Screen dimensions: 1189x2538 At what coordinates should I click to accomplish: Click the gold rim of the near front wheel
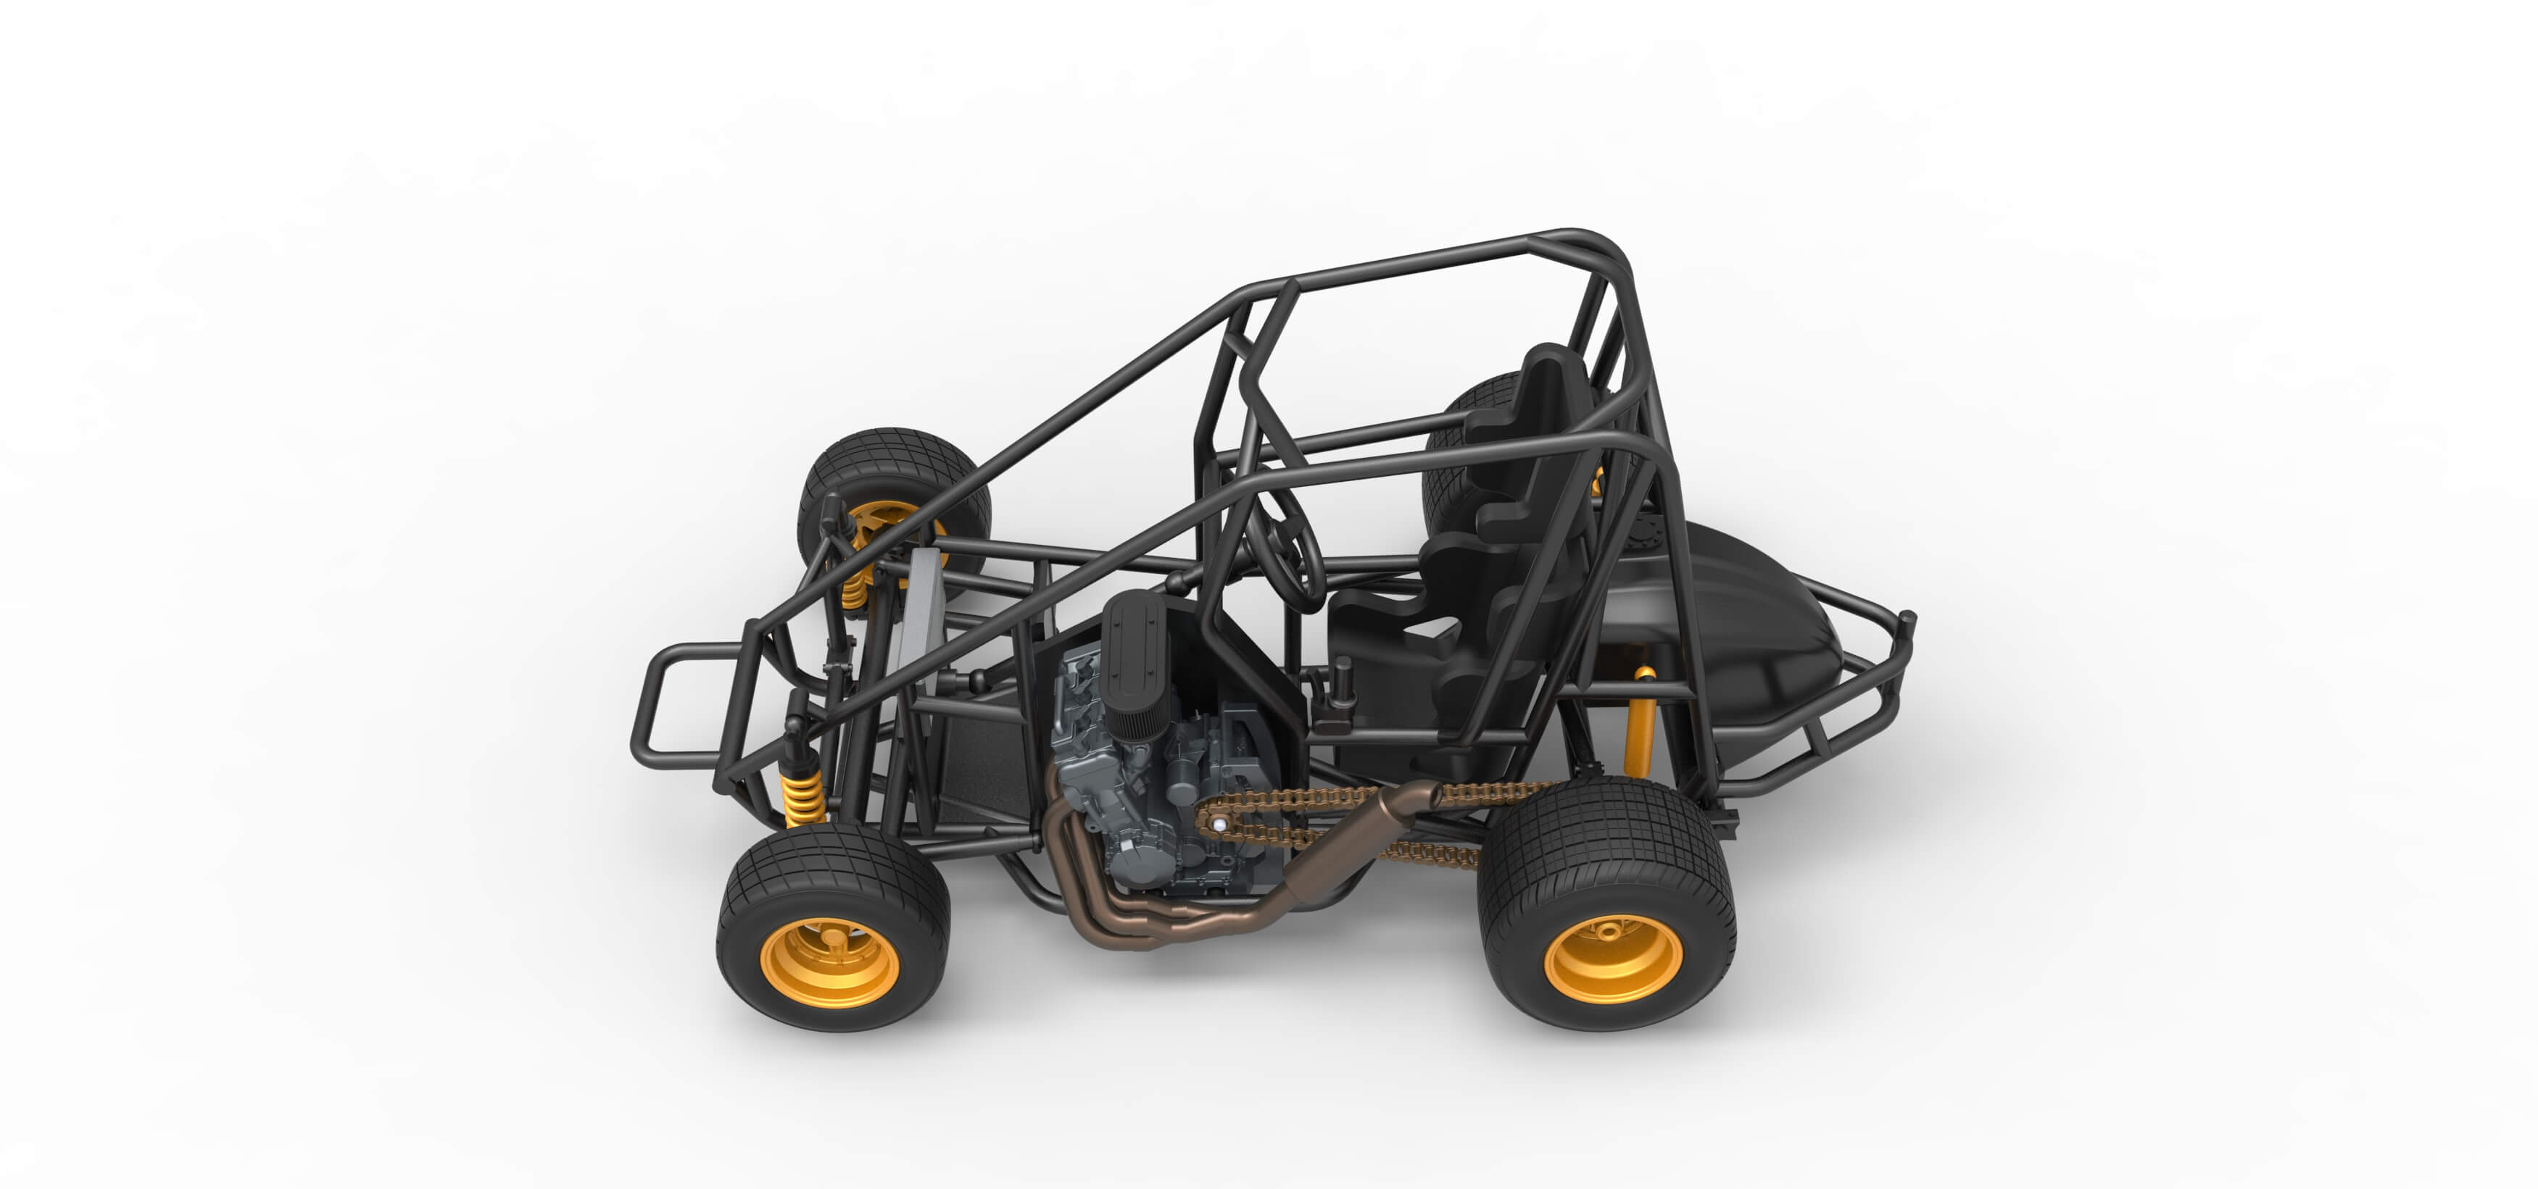coord(829,961)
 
